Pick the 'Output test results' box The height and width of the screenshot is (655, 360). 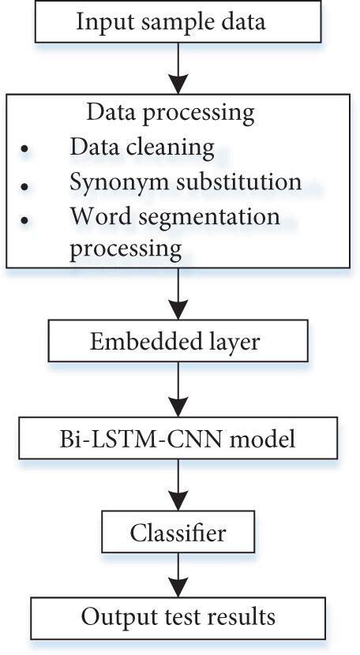[178, 615]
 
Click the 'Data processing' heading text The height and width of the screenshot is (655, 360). [171, 112]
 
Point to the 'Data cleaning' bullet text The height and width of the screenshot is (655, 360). [142, 147]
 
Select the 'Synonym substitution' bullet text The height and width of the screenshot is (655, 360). [186, 181]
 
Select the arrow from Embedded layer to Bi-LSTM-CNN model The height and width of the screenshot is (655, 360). [179, 392]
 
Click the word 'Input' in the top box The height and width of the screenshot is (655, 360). [99, 21]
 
